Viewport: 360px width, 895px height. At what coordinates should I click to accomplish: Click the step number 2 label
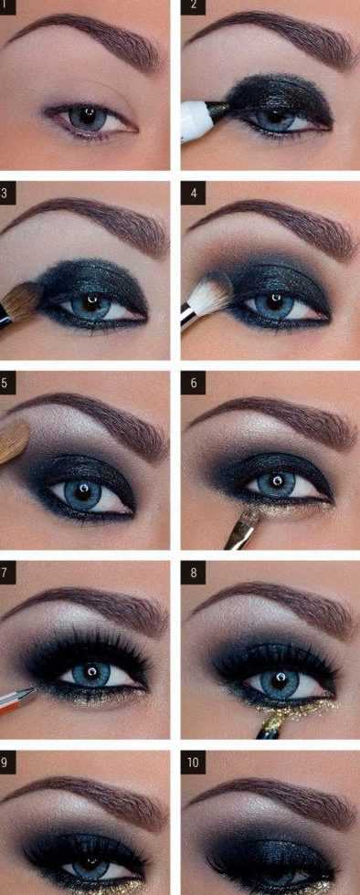[193, 6]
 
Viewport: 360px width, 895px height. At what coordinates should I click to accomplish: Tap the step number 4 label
[193, 193]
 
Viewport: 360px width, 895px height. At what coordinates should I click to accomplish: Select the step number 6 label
[193, 383]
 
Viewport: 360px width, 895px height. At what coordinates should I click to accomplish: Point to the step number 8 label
[193, 573]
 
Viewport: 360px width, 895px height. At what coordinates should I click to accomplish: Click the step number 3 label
[5, 193]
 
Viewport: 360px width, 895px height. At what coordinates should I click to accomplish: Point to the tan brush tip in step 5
[15, 441]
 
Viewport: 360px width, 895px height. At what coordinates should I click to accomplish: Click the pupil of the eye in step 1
[87, 117]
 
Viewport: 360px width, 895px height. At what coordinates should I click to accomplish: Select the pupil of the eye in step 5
[81, 489]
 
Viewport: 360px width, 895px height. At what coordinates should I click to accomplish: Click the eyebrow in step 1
[86, 40]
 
